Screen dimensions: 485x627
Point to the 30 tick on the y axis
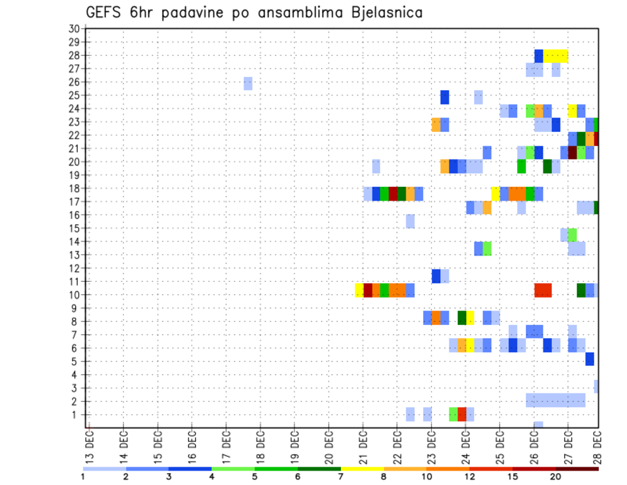[x=74, y=29]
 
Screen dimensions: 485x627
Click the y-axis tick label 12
[x=74, y=268]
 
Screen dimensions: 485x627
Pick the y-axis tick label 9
[x=76, y=308]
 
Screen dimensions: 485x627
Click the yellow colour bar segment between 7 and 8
[x=362, y=468]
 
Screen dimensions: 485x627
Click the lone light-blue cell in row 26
[x=248, y=83]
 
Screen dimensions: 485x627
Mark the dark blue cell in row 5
[x=590, y=359]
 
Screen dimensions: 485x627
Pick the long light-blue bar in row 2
[x=556, y=400]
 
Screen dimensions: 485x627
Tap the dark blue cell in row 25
[x=445, y=97]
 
